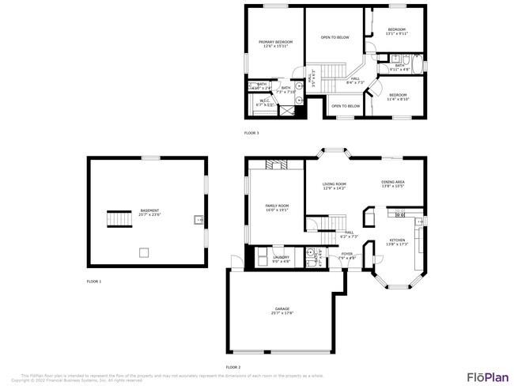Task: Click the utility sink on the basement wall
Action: coord(198,219)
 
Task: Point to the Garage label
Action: coord(282,311)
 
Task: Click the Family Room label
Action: coord(277,208)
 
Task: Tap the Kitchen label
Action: coord(397,241)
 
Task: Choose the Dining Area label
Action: coord(393,184)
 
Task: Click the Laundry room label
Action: coord(282,258)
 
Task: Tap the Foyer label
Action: coord(347,256)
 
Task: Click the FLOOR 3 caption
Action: coord(251,133)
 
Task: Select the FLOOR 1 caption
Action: coord(94,281)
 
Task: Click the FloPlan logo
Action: coord(486,376)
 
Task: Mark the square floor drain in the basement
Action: coord(144,252)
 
